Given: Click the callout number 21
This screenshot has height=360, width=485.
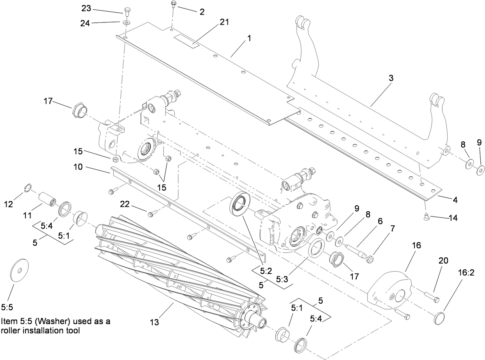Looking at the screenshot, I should tap(224, 22).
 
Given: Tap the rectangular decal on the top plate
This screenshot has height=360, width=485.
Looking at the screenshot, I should tap(187, 40).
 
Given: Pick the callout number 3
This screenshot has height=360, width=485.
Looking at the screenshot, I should tap(391, 78).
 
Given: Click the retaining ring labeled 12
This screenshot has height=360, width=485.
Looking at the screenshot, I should tap(26, 188).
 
